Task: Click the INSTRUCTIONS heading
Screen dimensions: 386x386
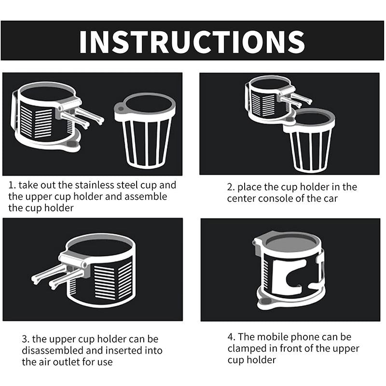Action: (x=192, y=42)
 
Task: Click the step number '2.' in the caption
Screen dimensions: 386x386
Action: (x=231, y=187)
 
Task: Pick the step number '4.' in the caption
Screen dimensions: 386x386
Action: (x=232, y=337)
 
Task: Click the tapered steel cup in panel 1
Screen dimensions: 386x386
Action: (x=145, y=130)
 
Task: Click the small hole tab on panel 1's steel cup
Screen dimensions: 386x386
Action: (x=120, y=108)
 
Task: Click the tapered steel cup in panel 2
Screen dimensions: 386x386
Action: (x=309, y=140)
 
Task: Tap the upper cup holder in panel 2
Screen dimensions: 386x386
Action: (x=273, y=101)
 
